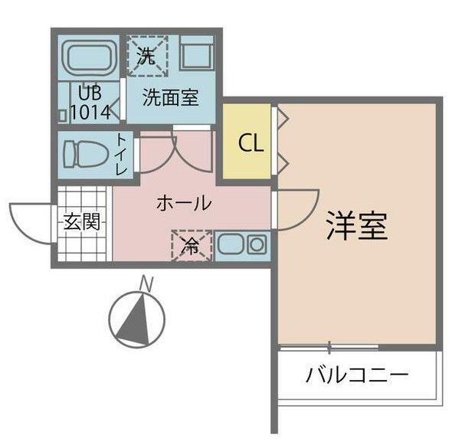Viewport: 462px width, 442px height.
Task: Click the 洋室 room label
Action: (x=356, y=225)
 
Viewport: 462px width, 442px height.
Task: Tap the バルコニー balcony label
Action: (x=357, y=376)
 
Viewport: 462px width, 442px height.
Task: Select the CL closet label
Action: (x=247, y=143)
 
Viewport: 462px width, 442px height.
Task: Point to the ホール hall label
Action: (x=183, y=203)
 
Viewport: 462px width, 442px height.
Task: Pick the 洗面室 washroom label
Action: (x=171, y=97)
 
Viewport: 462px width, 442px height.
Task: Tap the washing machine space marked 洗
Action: (x=146, y=54)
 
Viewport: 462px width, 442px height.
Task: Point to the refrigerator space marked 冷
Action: (x=189, y=245)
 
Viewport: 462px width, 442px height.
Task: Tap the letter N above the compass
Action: (x=145, y=285)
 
